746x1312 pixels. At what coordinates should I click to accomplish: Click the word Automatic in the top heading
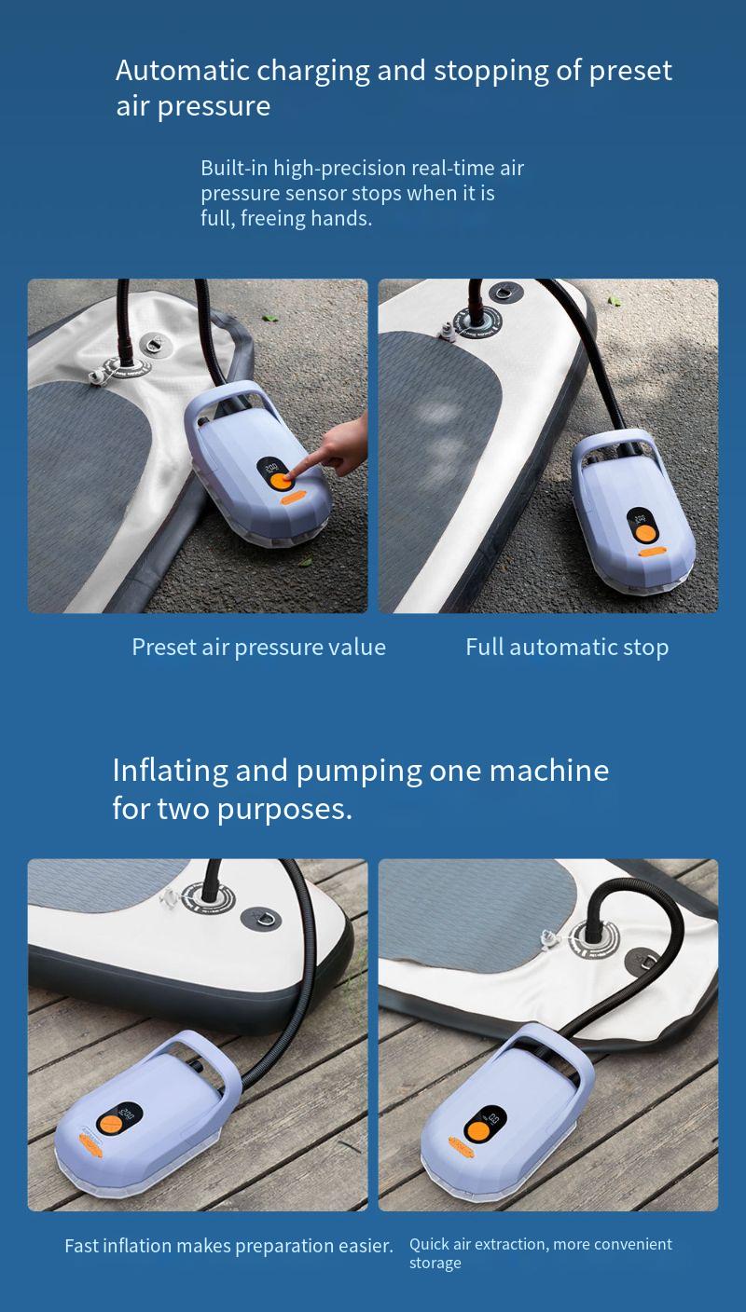coord(183,71)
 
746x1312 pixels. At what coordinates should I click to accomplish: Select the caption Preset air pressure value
coord(258,648)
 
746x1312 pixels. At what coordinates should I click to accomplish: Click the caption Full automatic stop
coord(567,648)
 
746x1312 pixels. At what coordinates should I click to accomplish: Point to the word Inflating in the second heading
coord(170,771)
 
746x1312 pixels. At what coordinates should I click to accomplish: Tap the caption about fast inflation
coord(228,1246)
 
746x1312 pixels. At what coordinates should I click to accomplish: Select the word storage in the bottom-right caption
coord(435,1264)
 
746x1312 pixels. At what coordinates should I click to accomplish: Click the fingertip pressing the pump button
coord(291,473)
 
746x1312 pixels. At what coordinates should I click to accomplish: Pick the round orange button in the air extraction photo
coord(476,1127)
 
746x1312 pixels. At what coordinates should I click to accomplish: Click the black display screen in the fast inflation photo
coord(120,1118)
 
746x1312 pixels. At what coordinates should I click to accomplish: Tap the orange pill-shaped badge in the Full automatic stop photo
coord(652,552)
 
